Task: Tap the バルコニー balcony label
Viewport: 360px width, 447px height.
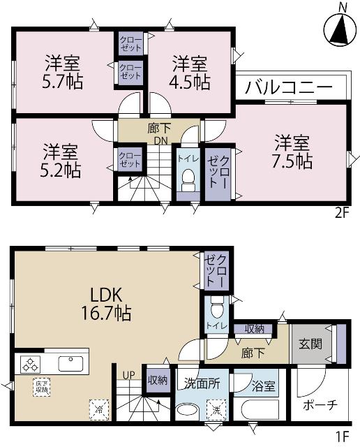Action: [x=288, y=89]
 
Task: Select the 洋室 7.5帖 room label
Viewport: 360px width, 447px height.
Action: [x=292, y=150]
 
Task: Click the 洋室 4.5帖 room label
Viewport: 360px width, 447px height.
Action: [x=190, y=72]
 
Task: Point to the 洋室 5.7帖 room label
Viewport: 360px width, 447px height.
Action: [x=64, y=72]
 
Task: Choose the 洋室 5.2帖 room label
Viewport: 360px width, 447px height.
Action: [x=61, y=160]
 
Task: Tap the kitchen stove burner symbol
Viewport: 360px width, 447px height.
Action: [x=31, y=364]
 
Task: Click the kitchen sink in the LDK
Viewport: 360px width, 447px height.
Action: [x=71, y=364]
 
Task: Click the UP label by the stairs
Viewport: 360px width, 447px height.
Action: [x=128, y=375]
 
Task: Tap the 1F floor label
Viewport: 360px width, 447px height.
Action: [x=341, y=437]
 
